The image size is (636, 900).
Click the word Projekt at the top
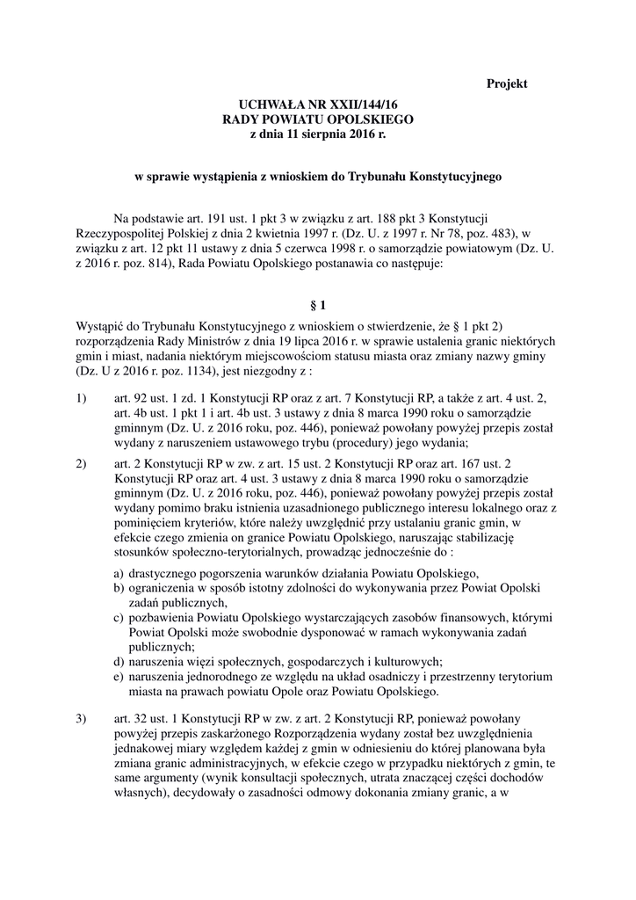[x=507, y=84]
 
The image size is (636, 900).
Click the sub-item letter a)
[x=119, y=573]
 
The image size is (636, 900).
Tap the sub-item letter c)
[x=119, y=621]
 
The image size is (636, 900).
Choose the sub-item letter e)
[x=119, y=677]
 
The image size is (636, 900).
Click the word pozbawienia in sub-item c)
[x=163, y=621]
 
